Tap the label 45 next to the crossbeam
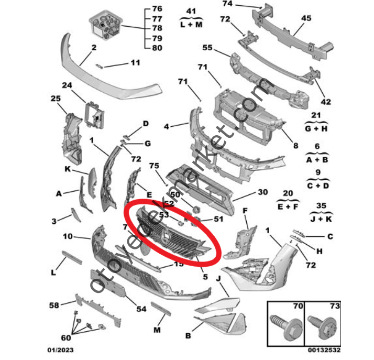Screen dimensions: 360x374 [x=305, y=17]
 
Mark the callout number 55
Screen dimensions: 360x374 [x=207, y=48]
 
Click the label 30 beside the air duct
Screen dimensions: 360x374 [x=263, y=192]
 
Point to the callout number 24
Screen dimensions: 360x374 [x=67, y=85]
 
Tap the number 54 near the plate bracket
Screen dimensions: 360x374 [x=141, y=309]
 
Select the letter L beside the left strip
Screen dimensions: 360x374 [x=53, y=272]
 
